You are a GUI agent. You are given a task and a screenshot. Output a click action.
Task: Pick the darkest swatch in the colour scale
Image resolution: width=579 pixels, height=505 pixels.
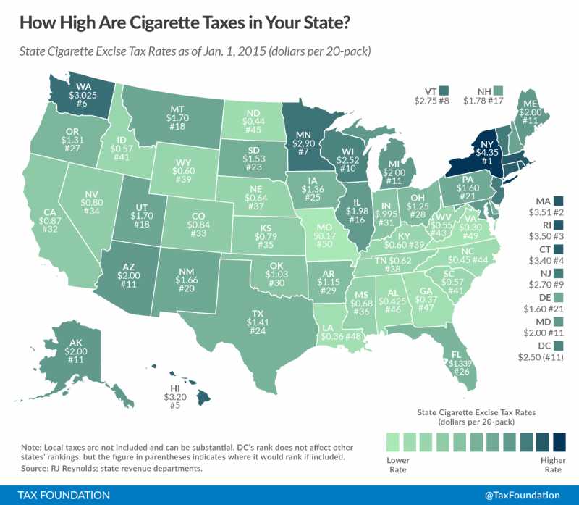coord(559,441)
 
